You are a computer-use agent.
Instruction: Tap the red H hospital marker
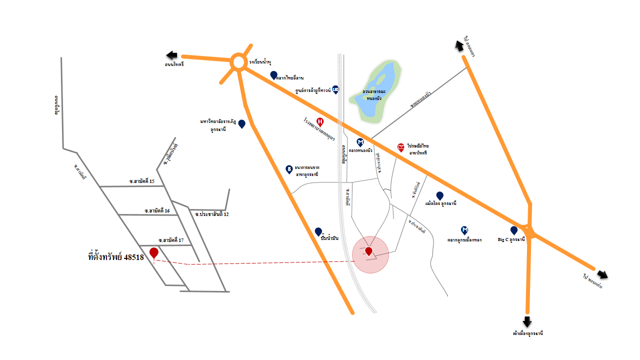(x=320, y=121)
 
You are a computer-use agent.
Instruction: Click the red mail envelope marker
(x=401, y=147)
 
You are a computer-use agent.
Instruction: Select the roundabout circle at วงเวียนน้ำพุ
(x=238, y=62)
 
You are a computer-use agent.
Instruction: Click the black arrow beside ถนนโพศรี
(x=172, y=55)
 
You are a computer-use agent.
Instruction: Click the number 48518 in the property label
(x=133, y=257)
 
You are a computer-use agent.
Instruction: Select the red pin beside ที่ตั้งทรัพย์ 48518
(x=153, y=253)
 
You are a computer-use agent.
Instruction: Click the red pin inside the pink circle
(x=368, y=251)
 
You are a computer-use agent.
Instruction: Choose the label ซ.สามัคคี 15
(x=142, y=181)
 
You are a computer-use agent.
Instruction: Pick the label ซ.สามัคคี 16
(x=157, y=210)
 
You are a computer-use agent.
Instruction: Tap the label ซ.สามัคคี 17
(x=171, y=240)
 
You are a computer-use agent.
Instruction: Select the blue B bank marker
(x=289, y=169)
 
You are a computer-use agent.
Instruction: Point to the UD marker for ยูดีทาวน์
(x=335, y=89)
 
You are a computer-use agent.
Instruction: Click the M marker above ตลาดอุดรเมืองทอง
(x=464, y=230)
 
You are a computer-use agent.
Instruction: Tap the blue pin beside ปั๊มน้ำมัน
(x=318, y=231)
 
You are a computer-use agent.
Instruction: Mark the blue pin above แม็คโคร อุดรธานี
(x=439, y=195)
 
